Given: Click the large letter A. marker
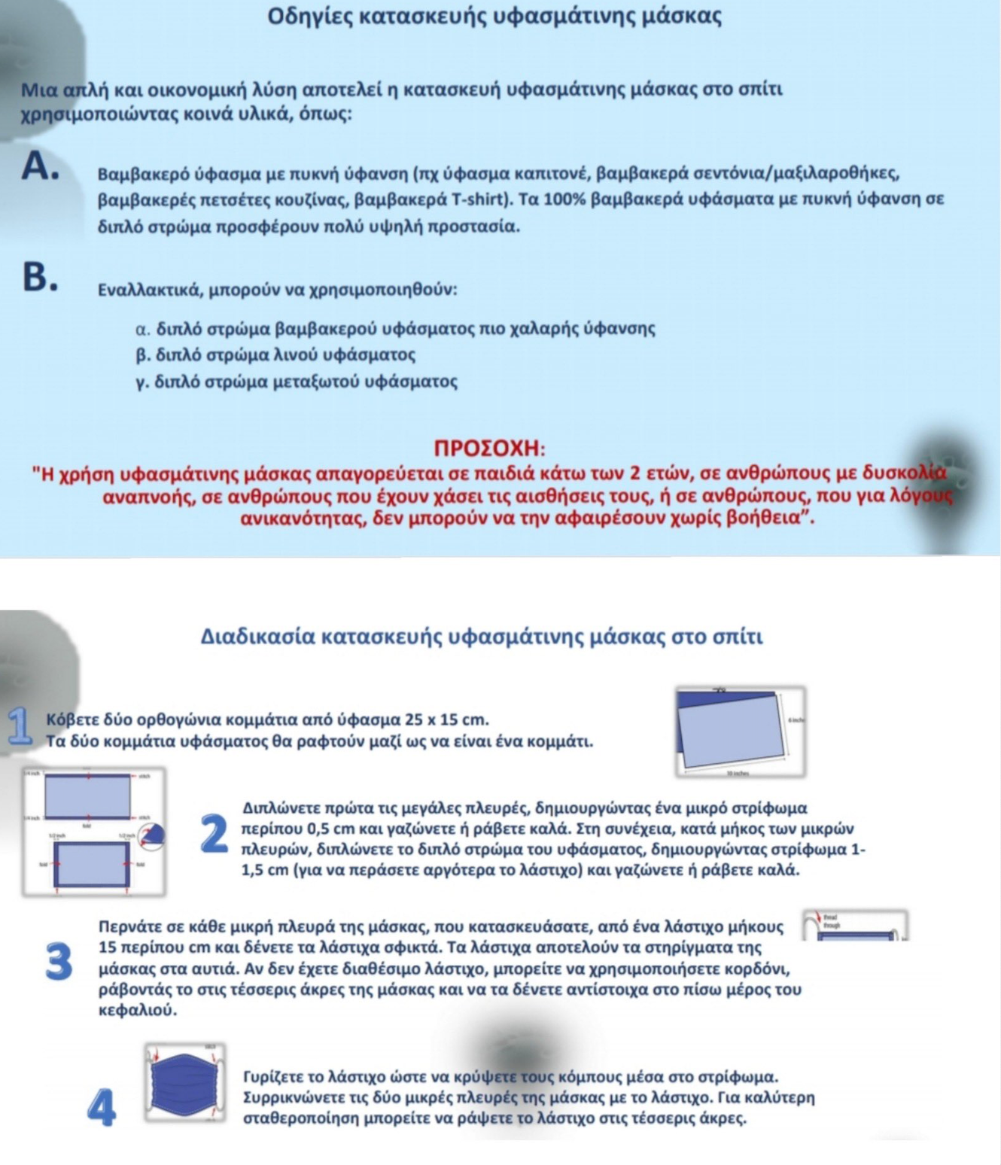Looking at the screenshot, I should coord(39,166).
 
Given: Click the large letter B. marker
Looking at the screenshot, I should coord(39,277).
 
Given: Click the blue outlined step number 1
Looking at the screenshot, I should coord(20,726).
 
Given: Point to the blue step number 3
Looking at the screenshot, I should coord(59,963).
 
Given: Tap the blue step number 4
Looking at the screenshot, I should coord(102,1109).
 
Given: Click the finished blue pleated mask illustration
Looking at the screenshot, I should coord(184,1083).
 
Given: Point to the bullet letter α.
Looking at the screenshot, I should coord(143,329).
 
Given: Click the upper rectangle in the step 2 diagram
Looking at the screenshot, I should coord(88,797).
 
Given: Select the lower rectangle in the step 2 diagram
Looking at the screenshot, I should coord(92,864).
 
